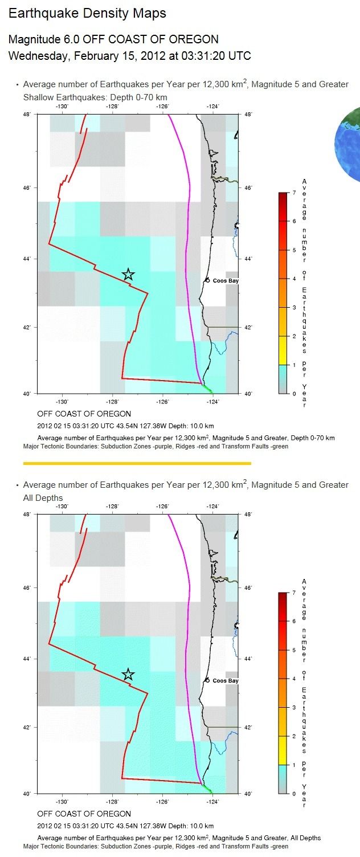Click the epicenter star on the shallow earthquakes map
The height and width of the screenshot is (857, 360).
128,274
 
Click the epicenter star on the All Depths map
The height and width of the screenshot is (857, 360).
128,675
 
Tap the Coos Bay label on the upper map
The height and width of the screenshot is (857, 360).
226,281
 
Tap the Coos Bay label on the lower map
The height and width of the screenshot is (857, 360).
226,680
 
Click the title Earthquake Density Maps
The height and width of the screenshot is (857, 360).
87,14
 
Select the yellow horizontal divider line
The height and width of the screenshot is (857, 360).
137,463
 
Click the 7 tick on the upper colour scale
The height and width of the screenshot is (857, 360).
294,193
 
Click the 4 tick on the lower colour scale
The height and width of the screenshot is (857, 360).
294,679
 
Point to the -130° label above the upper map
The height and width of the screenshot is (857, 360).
62,107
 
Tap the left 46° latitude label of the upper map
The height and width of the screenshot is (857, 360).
27,188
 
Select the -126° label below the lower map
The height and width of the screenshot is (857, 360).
162,802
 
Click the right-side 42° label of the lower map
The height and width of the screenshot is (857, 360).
248,727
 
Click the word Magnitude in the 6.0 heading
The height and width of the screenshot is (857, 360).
34,39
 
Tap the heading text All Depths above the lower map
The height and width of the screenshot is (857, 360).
43,498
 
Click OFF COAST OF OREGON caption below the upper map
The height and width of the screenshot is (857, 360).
84,414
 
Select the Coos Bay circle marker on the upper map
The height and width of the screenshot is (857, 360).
207,280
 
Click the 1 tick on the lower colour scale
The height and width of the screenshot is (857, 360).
294,765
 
